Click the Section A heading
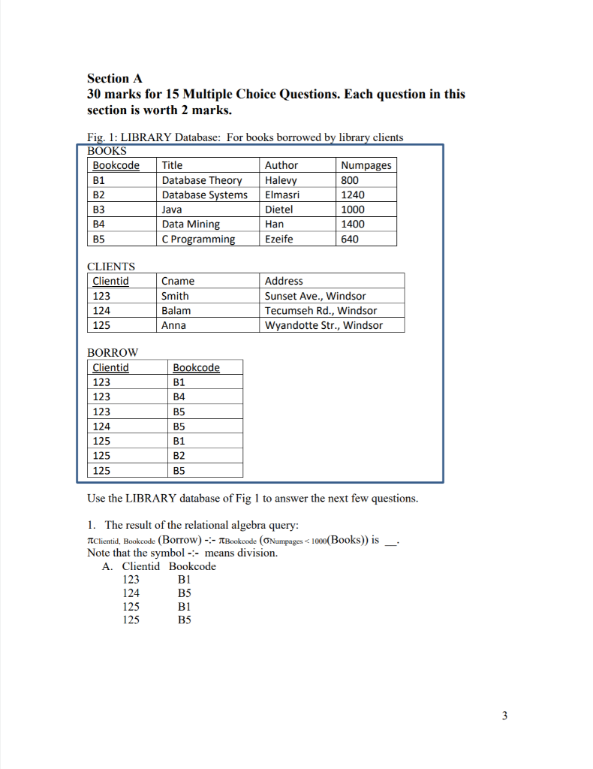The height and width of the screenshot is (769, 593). (114, 78)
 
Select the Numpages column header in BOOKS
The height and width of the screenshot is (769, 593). (366, 165)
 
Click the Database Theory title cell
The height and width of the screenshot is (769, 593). (202, 180)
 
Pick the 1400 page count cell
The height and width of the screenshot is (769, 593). (352, 224)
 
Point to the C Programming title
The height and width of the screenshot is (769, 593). (198, 239)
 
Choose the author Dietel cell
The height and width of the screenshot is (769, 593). (279, 210)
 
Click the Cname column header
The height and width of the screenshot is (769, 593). (178, 281)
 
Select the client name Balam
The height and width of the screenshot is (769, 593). (176, 310)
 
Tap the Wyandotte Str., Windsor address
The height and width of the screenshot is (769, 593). (324, 325)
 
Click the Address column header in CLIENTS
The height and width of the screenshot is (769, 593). (284, 281)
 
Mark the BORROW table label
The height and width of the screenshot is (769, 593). (113, 352)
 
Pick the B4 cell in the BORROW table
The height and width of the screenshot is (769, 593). (180, 397)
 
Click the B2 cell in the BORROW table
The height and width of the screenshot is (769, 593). (180, 456)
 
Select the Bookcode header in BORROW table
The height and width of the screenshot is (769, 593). (196, 367)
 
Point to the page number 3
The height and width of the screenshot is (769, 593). (504, 716)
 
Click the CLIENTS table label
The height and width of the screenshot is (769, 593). (111, 266)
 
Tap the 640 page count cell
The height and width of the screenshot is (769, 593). (350, 239)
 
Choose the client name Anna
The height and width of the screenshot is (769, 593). (174, 325)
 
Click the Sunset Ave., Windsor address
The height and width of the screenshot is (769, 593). (315, 296)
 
